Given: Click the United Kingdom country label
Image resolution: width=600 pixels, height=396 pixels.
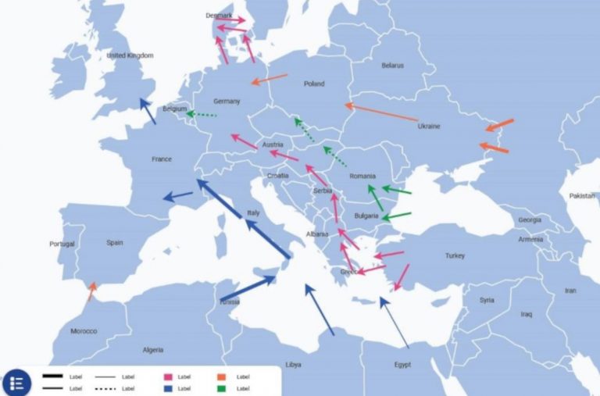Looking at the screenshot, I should tap(130, 55).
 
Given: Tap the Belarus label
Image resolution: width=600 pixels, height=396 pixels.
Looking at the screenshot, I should tap(393, 66).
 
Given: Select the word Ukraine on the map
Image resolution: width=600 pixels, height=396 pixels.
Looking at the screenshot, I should tap(429, 126).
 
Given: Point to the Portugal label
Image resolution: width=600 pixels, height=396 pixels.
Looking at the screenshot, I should tap(62, 244).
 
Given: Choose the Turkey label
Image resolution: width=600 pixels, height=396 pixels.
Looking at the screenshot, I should tap(455, 256).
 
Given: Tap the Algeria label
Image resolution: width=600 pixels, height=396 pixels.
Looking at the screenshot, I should tap(153, 350).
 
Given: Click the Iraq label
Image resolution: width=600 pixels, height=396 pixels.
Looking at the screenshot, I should tap(526, 314).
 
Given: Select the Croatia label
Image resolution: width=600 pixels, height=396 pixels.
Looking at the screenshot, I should tap(277, 176).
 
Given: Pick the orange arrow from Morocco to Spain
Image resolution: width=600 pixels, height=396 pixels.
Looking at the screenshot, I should tap(92, 291).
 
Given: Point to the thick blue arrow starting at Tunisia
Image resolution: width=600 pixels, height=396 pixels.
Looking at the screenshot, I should tap(248, 288).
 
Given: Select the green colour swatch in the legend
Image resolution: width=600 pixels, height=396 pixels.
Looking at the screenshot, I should tap(223, 387).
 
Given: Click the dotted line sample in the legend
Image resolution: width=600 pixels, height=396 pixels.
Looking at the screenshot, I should tap(105, 387).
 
